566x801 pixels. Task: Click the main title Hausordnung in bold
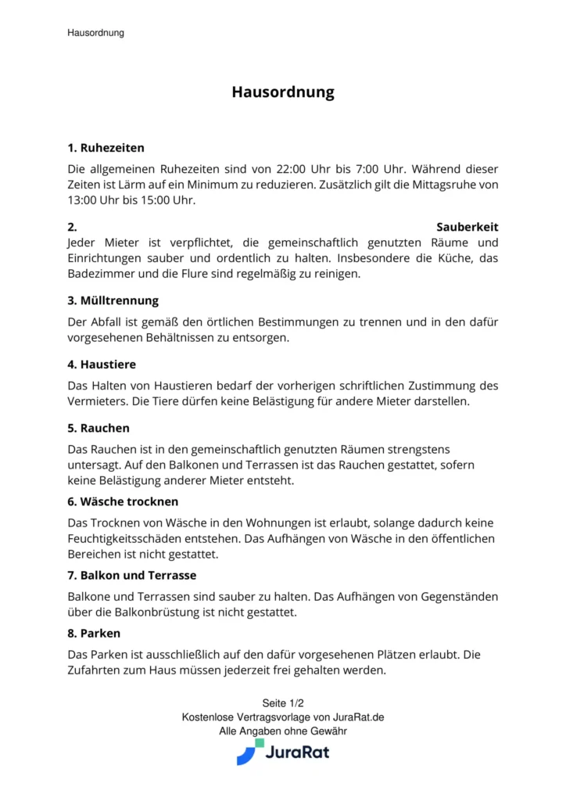point(282,92)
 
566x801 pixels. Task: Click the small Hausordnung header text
point(95,33)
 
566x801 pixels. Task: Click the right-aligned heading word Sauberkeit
point(467,227)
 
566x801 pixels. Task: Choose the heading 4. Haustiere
point(102,364)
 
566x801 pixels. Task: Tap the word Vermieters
point(97,401)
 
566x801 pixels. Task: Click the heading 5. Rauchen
point(99,428)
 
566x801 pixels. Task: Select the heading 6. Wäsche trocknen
point(123,501)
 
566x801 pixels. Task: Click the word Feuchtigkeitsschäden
point(131,538)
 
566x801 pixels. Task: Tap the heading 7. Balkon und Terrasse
point(131,575)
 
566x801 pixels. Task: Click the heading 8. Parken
point(94,633)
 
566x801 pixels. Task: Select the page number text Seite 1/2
point(282,702)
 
